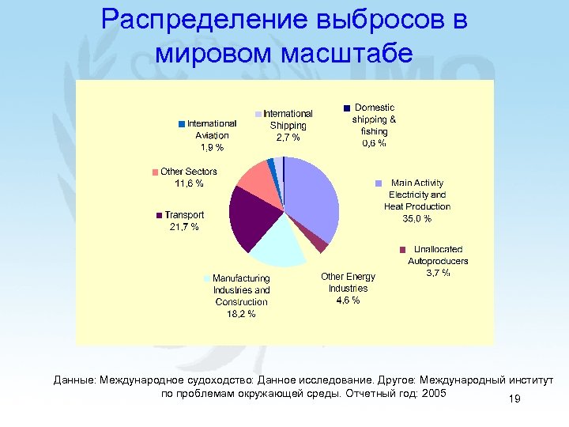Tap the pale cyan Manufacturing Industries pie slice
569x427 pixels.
click(x=276, y=244)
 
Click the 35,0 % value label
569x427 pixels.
click(x=416, y=218)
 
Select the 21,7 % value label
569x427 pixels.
click(x=184, y=227)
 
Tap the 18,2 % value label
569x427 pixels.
click(x=241, y=314)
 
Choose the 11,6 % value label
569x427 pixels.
click(x=189, y=183)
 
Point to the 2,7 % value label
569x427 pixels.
click(x=288, y=138)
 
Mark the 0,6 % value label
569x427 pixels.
click(x=374, y=143)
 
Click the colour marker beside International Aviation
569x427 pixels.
click(x=182, y=123)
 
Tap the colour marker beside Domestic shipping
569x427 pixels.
click(x=346, y=108)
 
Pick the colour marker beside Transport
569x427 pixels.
click(x=160, y=215)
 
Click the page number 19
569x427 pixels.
click(x=514, y=400)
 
